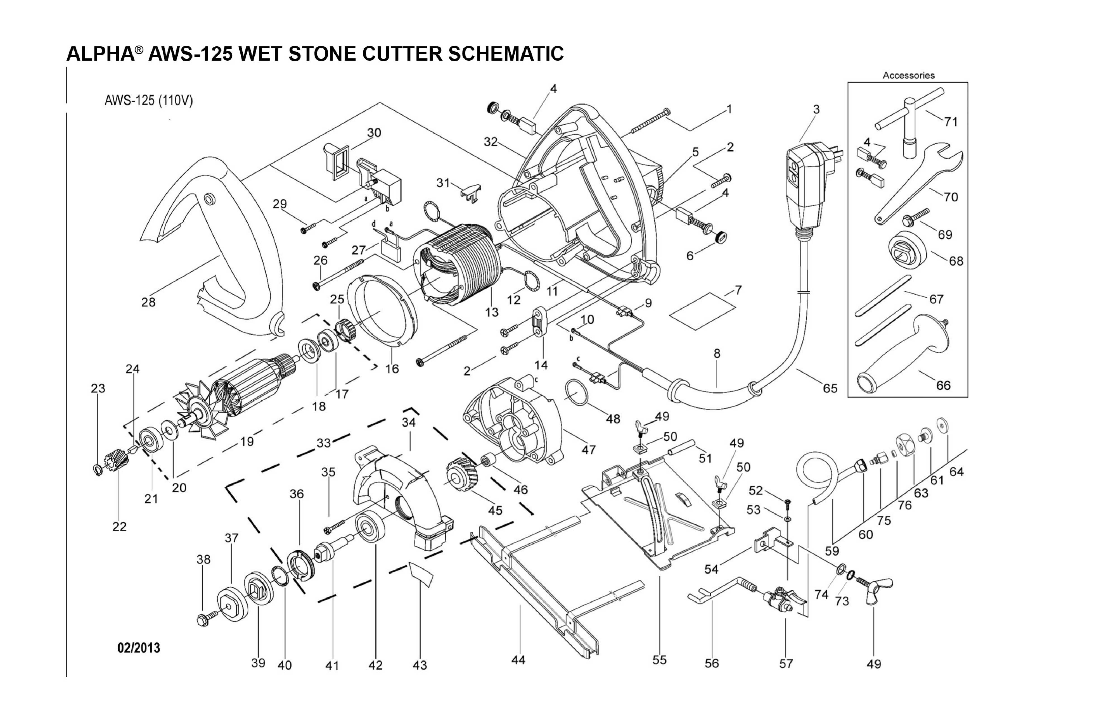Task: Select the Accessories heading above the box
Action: [908, 75]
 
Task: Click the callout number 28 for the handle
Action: [148, 302]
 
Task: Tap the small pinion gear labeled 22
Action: [113, 461]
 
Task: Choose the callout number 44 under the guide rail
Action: [518, 660]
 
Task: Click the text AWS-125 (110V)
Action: [148, 101]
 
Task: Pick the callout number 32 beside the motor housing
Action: [491, 142]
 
